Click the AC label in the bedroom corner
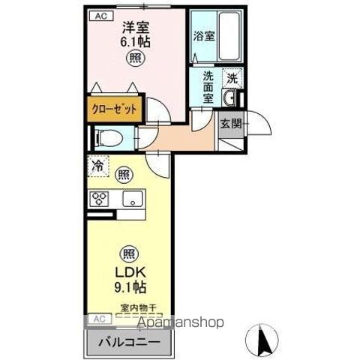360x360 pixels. [x=99, y=16]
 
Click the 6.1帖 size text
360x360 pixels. [x=136, y=43]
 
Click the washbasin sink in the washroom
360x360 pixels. [x=232, y=99]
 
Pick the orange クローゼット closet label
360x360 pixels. [x=115, y=109]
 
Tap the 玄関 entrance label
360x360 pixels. [x=231, y=124]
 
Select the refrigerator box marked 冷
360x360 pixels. [x=98, y=166]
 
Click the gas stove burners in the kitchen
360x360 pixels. [x=100, y=199]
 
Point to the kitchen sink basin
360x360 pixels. [x=134, y=199]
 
